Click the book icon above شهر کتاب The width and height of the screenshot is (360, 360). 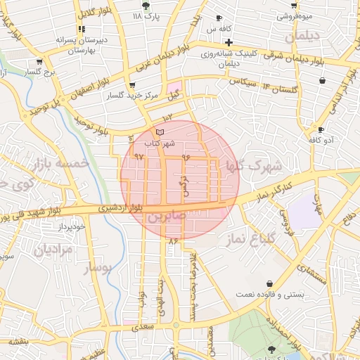pyautogui.click(x=160, y=132)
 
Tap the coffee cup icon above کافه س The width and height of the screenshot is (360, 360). pyautogui.click(x=219, y=18)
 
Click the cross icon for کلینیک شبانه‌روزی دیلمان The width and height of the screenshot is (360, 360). pyautogui.click(x=229, y=42)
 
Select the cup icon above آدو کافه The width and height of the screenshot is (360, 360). pyautogui.click(x=321, y=129)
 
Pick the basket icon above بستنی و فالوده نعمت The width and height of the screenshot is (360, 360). pyautogui.click(x=269, y=284)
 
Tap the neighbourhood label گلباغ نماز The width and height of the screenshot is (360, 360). pyautogui.click(x=250, y=240)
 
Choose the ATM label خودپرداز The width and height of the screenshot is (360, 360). pyautogui.click(x=71, y=226)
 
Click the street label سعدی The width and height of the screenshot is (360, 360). pyautogui.click(x=143, y=327)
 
